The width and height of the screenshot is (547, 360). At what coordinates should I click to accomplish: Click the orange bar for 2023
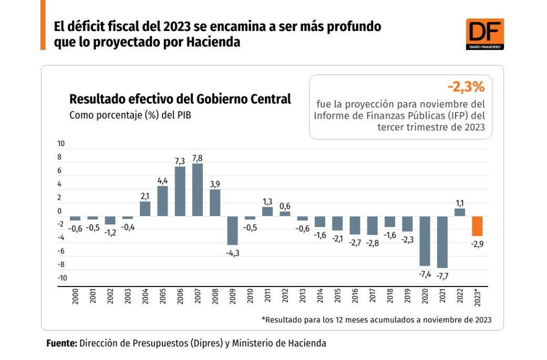477,226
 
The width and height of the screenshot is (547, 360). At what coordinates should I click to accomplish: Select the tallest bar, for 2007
198,189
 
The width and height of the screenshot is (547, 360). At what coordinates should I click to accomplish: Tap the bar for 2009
232,230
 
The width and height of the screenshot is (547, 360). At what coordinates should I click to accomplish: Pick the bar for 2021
442,242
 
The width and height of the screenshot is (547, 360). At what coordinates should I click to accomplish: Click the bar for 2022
460,212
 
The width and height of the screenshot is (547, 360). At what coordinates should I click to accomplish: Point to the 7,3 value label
180,160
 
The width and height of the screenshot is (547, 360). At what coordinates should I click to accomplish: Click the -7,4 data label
425,274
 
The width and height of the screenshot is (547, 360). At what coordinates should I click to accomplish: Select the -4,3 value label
232,253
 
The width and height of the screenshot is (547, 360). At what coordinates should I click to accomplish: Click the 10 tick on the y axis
61,143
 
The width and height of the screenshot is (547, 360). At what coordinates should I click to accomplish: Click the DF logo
484,34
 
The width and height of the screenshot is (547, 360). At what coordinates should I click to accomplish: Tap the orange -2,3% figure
466,86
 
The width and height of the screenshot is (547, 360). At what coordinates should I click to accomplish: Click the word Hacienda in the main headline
213,43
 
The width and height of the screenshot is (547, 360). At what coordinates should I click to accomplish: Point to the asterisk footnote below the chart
376,320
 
